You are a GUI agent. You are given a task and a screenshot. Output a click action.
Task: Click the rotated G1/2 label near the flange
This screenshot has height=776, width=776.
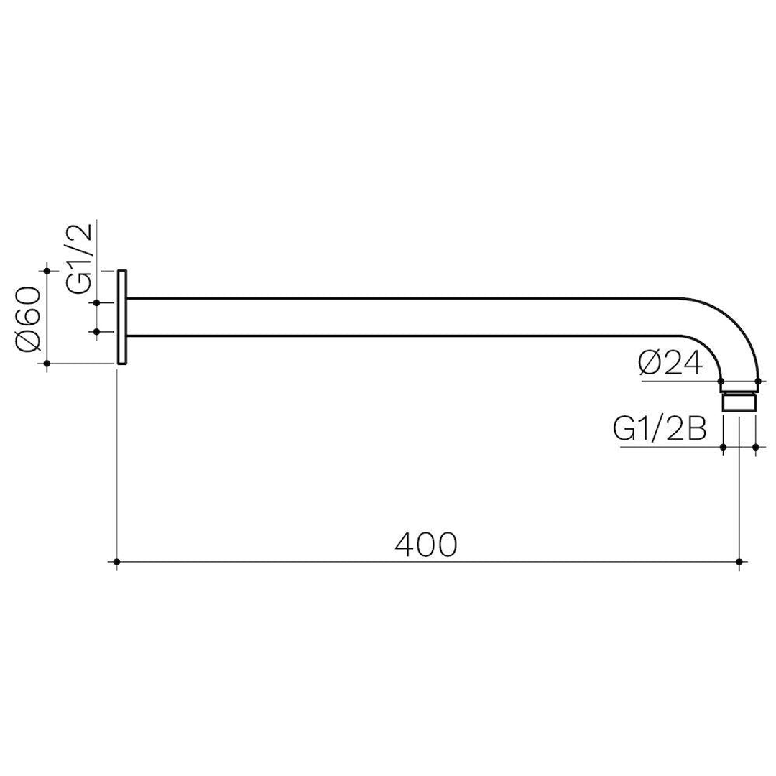click(80, 258)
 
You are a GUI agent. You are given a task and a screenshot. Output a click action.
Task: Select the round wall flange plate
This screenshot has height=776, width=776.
click(123, 317)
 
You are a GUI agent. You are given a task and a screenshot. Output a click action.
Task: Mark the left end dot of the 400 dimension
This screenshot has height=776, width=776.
click(117, 561)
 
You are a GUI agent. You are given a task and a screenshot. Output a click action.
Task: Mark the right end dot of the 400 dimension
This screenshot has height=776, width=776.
click(739, 561)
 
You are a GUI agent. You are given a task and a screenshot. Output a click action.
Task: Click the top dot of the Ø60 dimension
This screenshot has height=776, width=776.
click(47, 270)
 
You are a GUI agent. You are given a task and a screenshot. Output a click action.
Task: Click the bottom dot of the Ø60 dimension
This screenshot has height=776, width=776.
click(47, 364)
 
